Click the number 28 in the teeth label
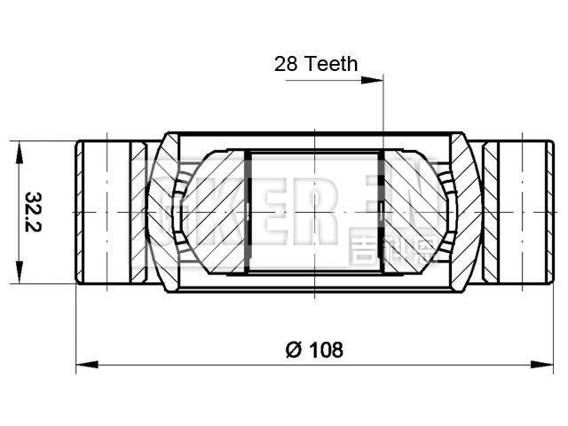click(x=287, y=64)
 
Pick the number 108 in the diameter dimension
click(x=325, y=349)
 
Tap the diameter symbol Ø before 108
click(x=293, y=349)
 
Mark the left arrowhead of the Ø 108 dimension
click(x=83, y=363)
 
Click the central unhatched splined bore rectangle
click(x=312, y=213)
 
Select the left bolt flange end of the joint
click(x=101, y=213)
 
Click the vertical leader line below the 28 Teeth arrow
click(x=383, y=115)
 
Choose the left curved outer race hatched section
click(x=160, y=213)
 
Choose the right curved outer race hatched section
click(x=466, y=213)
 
